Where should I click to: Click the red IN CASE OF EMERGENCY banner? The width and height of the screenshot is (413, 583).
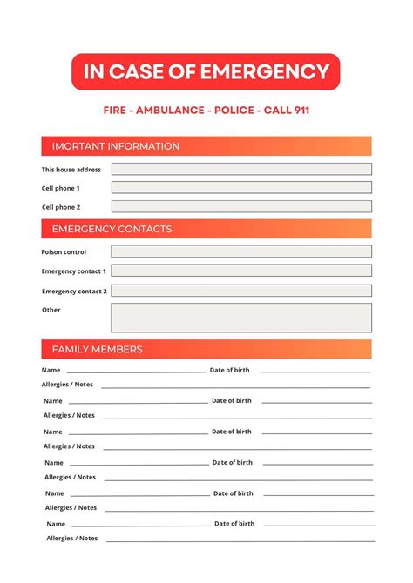click(x=206, y=71)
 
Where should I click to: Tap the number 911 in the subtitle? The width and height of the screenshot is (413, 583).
click(x=297, y=111)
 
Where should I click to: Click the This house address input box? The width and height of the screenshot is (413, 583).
click(x=241, y=169)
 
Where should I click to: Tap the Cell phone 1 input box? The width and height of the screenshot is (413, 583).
click(x=241, y=187)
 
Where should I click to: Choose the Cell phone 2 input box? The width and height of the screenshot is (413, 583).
click(x=241, y=207)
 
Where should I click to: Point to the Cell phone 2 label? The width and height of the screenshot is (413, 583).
click(x=61, y=207)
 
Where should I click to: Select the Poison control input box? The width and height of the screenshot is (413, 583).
click(x=241, y=251)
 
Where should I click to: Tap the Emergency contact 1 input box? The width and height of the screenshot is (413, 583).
click(x=241, y=271)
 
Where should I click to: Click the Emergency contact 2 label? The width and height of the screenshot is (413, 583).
click(x=74, y=291)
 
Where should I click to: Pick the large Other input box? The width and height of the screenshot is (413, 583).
click(x=241, y=318)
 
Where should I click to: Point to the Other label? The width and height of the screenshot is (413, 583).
click(x=51, y=310)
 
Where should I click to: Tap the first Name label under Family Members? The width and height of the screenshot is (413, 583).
click(x=51, y=371)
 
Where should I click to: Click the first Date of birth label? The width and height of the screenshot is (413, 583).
click(x=229, y=370)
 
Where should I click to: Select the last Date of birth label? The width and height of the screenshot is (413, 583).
click(x=234, y=524)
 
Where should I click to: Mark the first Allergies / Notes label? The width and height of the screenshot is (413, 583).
click(x=67, y=385)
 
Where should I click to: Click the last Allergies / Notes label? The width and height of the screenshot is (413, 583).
click(x=72, y=539)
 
